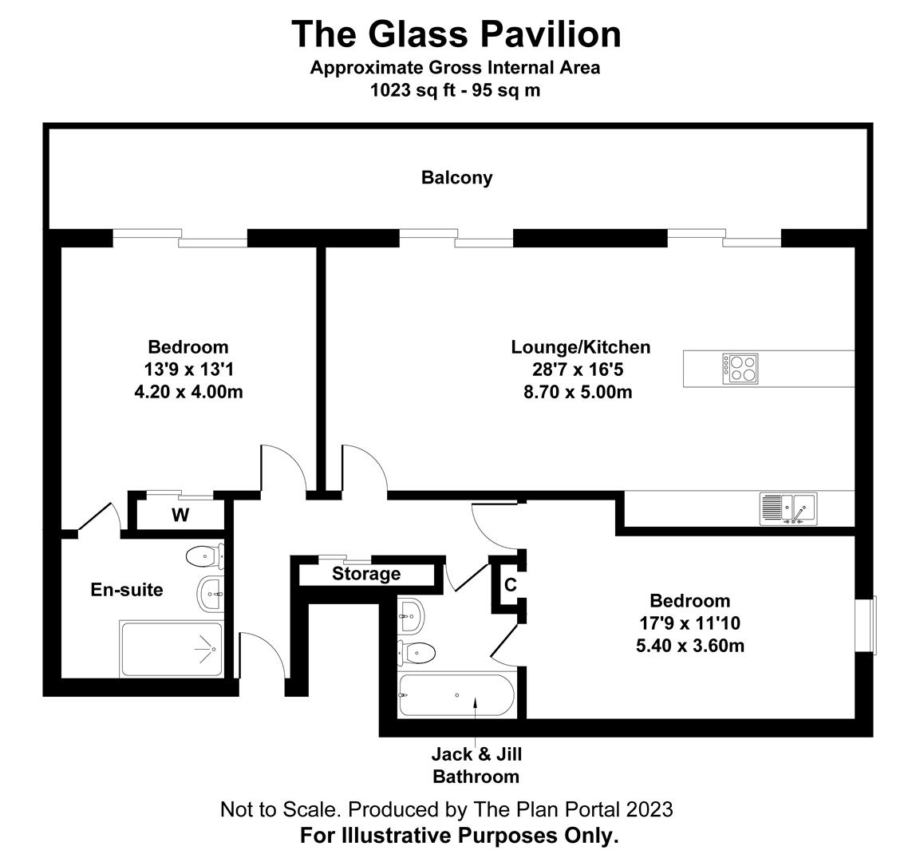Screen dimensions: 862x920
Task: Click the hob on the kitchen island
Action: click(x=741, y=368)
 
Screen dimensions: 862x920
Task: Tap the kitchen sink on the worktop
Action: click(x=788, y=509)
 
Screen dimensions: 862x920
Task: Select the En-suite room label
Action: click(x=126, y=590)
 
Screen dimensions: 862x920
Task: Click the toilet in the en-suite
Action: click(x=204, y=555)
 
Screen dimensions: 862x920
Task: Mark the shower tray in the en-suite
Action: click(x=171, y=649)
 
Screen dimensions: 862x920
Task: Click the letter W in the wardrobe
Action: click(x=180, y=516)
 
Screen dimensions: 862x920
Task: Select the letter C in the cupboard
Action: click(x=511, y=585)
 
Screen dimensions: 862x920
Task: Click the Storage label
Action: click(x=366, y=574)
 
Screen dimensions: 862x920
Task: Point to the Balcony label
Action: click(x=456, y=177)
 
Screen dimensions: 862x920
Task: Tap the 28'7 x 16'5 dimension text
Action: click(x=580, y=370)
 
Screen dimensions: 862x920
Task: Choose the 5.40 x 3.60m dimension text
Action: click(x=689, y=646)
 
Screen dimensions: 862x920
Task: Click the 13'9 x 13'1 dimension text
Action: click(x=188, y=370)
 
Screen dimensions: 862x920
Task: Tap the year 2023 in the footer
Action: click(x=650, y=809)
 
